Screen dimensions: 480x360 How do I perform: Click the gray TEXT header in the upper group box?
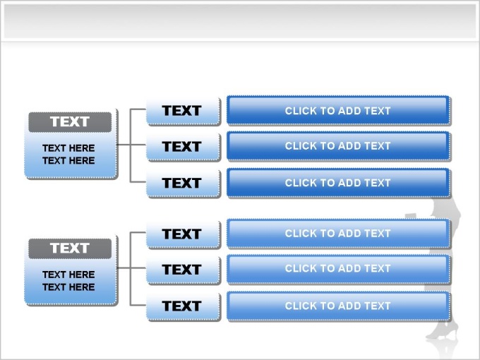[70, 122]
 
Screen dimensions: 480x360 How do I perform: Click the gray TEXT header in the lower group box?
[70, 248]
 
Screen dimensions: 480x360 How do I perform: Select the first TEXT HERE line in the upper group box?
[68, 148]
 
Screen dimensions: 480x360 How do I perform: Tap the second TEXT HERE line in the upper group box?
[68, 161]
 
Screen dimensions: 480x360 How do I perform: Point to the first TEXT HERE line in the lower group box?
[68, 275]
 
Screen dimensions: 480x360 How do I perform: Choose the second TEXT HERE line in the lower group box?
[68, 287]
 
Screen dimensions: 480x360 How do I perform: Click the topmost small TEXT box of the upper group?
[183, 111]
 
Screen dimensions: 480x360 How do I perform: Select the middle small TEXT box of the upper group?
[183, 146]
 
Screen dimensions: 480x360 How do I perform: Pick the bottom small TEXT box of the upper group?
[183, 183]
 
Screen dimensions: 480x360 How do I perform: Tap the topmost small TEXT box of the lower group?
[183, 234]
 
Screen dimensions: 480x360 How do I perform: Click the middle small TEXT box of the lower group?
[183, 270]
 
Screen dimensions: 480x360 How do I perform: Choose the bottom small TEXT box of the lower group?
[183, 306]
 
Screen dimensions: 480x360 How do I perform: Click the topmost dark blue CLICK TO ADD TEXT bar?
[338, 110]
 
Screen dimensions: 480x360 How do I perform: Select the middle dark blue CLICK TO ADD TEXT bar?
[338, 145]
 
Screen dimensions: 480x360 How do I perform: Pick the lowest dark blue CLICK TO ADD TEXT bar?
[338, 183]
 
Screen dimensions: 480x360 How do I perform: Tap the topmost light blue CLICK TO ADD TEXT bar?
[338, 233]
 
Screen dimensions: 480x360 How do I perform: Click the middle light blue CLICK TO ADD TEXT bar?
[338, 269]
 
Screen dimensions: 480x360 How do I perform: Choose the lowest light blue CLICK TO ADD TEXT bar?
[338, 306]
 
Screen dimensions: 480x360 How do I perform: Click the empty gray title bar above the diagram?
[240, 21]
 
